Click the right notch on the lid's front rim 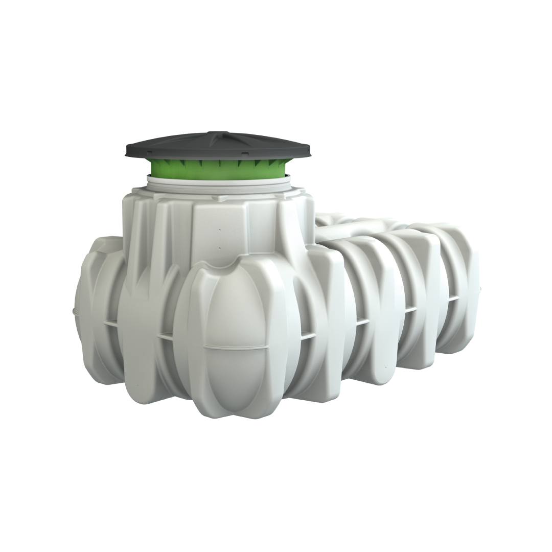pos(245,154)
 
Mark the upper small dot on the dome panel pos(220,231)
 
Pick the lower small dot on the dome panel pos(220,248)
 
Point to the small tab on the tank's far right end pos(479,289)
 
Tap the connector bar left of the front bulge pos(165,336)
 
